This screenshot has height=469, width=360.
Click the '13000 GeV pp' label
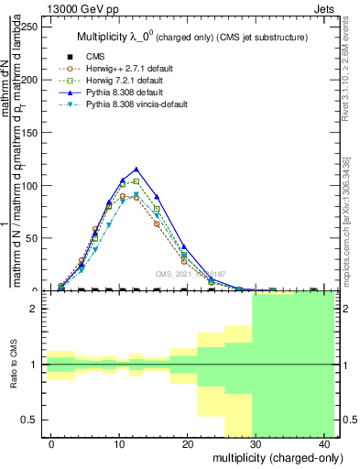pos(76,8)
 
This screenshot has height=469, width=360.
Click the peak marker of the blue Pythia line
pos(136,169)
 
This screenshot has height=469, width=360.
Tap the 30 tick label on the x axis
pos(255,443)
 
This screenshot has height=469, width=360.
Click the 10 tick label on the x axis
pos(119,443)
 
